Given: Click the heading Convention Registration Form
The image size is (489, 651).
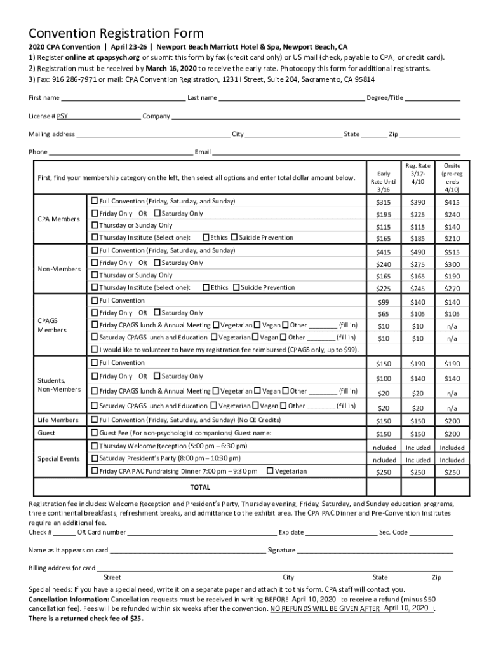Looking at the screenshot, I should coord(116,33).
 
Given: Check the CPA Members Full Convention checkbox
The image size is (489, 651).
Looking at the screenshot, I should coord(95,201).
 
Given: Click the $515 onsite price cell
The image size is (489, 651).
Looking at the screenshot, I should coord(452,252).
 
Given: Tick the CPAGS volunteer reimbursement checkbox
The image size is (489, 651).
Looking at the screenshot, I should coord(95,350).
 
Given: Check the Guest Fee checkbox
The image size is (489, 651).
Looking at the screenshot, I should coord(95,433).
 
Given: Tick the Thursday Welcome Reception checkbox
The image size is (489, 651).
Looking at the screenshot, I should coord(95,446).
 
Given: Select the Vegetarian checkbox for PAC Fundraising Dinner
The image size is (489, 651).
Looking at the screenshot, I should coord(271,471).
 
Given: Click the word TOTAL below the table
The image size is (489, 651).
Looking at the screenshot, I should coord(200,488).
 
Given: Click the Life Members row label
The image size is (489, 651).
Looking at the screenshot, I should coord(58,420).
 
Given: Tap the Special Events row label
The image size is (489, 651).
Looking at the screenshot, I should coord(58,459).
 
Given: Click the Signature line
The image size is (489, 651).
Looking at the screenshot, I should coord(375,551).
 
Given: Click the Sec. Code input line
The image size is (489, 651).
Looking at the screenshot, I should coord(431,533).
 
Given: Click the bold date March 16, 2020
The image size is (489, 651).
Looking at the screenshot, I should coord(171,69).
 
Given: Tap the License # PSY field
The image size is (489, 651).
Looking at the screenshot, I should coord(99,117).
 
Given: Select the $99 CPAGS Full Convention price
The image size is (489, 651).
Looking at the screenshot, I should coord(383,302).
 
